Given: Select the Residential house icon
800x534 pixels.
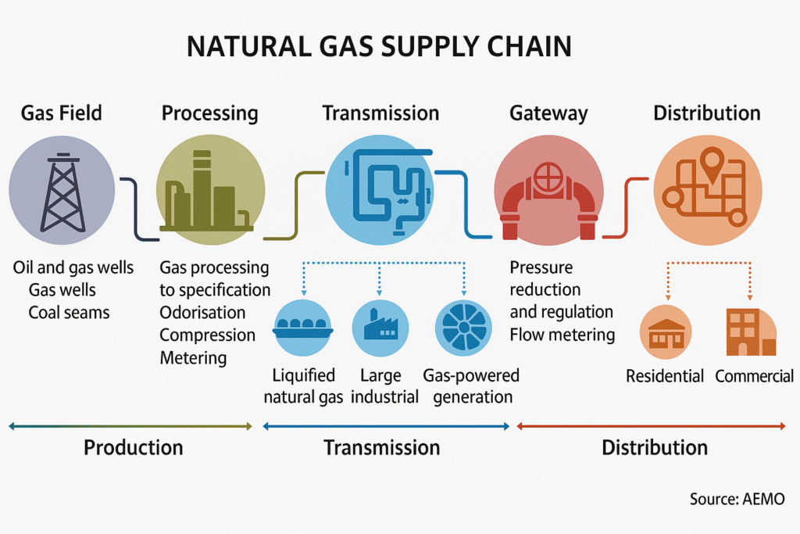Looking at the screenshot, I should (666, 332).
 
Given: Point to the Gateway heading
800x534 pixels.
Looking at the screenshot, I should (548, 113).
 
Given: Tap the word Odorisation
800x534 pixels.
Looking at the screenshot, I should (202, 313).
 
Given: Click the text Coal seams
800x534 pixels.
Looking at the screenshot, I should (70, 313).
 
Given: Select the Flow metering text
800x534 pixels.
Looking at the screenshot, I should (562, 335).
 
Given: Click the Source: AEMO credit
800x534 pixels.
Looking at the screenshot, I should (737, 499).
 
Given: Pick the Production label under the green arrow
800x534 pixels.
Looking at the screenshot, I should (133, 448).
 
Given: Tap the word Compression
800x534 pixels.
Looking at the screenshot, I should (207, 335).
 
